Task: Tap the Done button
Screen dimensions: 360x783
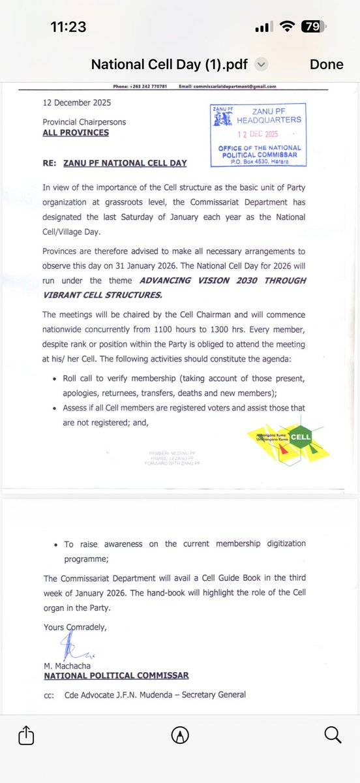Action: tap(326, 64)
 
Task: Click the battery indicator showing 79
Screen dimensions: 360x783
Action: tap(311, 27)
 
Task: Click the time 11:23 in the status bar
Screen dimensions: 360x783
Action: tap(67, 27)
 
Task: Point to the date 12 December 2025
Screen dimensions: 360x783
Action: tap(77, 103)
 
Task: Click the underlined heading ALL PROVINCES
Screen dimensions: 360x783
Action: tap(76, 132)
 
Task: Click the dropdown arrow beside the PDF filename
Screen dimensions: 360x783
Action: tap(261, 64)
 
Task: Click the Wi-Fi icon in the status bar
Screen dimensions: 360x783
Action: tap(286, 27)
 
